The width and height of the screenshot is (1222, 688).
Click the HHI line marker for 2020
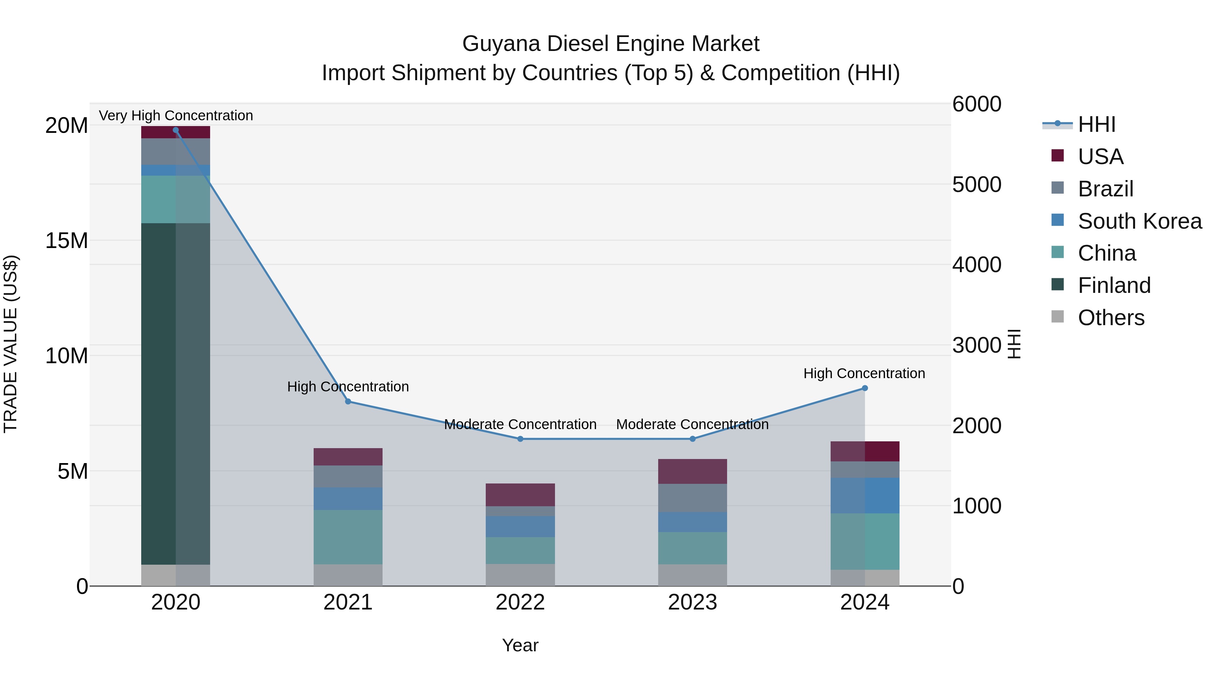pos(175,130)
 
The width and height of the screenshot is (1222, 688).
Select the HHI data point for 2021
pos(348,402)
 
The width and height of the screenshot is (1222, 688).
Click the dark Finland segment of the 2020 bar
pos(175,394)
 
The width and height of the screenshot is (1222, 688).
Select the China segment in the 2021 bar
pos(348,537)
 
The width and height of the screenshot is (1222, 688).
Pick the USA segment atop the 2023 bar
pos(692,472)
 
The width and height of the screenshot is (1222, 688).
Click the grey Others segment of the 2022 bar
pos(520,575)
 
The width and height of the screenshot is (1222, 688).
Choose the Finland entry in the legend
pos(1113,285)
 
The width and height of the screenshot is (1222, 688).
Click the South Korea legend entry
pos(1139,221)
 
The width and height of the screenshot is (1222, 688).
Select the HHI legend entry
pos(1096,124)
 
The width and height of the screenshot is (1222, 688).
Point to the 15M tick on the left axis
pos(67,241)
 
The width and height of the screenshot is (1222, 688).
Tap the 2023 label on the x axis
pos(692,602)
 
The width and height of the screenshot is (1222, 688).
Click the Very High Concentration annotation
pos(175,116)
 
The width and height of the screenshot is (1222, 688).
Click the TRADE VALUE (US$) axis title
pos(11,344)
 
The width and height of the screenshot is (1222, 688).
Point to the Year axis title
pos(520,645)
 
